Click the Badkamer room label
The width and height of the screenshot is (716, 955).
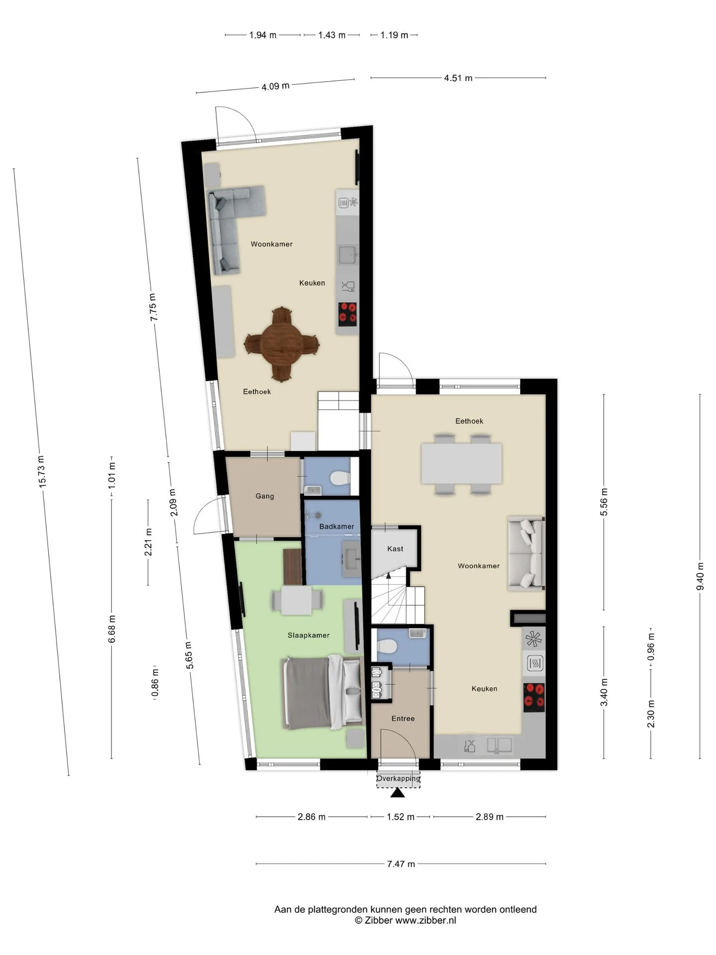337,526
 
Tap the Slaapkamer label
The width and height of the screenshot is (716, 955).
308,635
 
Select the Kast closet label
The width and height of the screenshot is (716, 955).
395,549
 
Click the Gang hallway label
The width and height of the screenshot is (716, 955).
265,496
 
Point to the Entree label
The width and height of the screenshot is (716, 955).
403,718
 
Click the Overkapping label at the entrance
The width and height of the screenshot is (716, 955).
398,778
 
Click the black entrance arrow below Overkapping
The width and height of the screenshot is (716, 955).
397,792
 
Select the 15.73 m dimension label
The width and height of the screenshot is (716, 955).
41,471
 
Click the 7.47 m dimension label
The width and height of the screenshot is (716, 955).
401,864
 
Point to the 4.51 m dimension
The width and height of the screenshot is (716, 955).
458,78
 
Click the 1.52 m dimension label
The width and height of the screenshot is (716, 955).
400,817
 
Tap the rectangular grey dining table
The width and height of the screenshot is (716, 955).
461,464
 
